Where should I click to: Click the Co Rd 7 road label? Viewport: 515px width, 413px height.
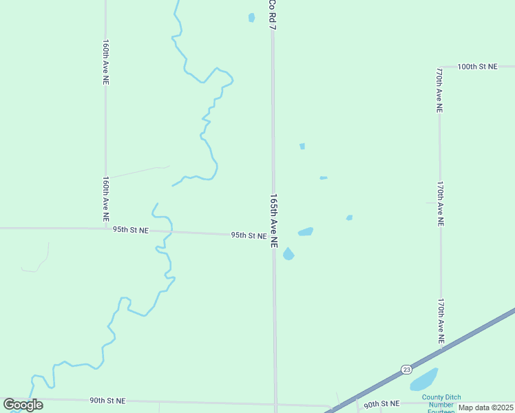(273, 14)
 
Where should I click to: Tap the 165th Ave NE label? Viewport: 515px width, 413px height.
(274, 220)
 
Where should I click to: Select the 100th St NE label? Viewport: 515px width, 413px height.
(477, 67)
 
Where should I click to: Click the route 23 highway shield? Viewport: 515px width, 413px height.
(406, 369)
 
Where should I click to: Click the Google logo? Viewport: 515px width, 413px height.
(23, 405)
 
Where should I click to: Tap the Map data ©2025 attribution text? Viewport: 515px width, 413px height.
(485, 407)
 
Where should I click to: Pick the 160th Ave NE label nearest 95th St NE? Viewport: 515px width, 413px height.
(105, 198)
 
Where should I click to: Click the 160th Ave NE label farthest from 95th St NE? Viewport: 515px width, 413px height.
(105, 62)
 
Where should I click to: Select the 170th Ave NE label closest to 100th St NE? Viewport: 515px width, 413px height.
(439, 89)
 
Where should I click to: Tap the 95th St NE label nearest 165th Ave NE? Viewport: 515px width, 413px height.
(249, 235)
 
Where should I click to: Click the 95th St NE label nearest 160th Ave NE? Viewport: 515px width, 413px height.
(132, 230)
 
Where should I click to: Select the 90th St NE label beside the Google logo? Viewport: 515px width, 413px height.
(107, 400)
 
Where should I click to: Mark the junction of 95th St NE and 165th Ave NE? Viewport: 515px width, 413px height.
(273, 236)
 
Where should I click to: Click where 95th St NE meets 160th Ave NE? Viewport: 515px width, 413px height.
(105, 229)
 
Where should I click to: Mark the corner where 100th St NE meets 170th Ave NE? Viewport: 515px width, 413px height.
(439, 67)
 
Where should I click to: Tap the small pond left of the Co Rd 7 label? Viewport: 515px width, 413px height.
(251, 17)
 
